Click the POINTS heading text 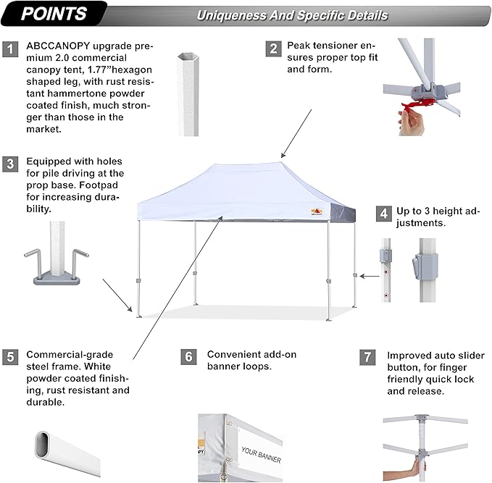coord(54,14)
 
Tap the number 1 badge coord(11,49)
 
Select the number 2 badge coord(273,49)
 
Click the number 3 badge coord(11,164)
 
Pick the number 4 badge coord(383,214)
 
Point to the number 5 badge coord(11,357)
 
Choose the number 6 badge coord(188,357)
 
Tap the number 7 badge coord(368,357)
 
